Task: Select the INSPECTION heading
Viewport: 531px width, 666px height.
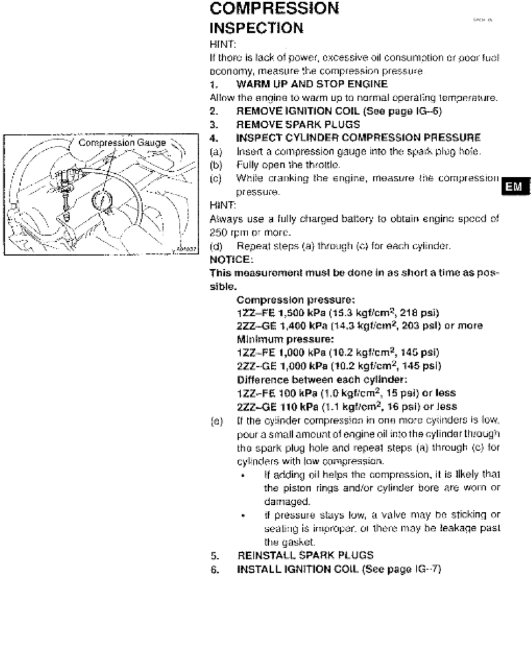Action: click(x=258, y=29)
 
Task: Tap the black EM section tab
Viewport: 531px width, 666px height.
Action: click(x=515, y=187)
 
